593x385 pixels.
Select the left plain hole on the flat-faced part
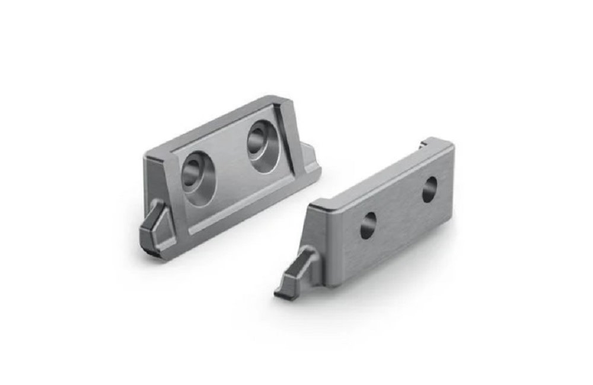(x=368, y=226)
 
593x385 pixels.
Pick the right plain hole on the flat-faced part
(x=429, y=189)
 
